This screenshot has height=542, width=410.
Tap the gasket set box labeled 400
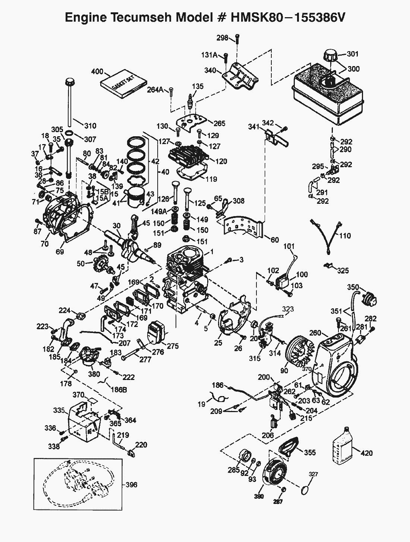(124, 84)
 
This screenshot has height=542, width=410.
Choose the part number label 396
(131, 485)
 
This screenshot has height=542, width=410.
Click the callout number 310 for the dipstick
(90, 126)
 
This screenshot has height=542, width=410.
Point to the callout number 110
(345, 236)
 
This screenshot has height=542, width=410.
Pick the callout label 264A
(155, 90)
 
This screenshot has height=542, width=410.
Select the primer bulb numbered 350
(370, 298)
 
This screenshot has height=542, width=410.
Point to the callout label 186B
(119, 389)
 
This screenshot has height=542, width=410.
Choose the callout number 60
(275, 240)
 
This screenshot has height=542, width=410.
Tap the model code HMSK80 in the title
(256, 18)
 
